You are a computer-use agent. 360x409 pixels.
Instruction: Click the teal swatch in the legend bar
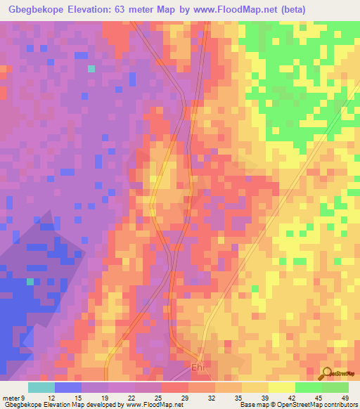(41, 388)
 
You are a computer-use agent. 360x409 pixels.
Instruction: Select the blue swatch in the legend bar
(68, 388)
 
